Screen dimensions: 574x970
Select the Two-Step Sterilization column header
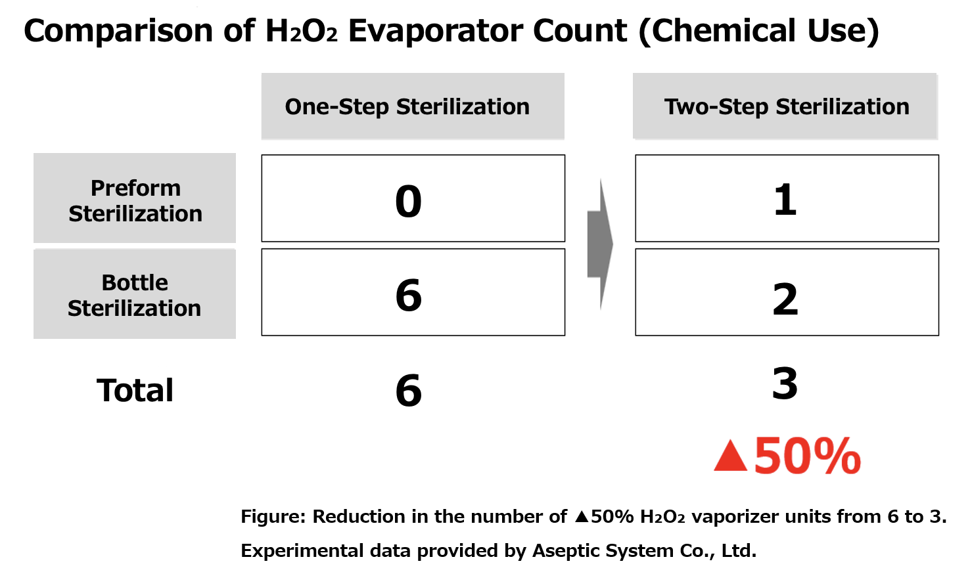tap(786, 106)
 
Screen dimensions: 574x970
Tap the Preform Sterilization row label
tap(135, 200)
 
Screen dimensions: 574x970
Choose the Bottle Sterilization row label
tap(135, 295)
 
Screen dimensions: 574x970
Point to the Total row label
tap(135, 390)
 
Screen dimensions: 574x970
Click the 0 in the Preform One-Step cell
tap(408, 201)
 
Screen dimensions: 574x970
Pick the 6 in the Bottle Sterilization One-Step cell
tap(408, 295)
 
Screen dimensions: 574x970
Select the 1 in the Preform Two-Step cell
tap(785, 200)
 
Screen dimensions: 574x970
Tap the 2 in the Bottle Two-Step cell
tap(785, 299)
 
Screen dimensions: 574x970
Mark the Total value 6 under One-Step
tap(408, 391)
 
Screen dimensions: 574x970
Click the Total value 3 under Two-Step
tap(785, 384)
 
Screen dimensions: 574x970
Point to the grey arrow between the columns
tap(599, 244)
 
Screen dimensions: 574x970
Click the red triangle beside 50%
tap(730, 457)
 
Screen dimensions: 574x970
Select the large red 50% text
tap(807, 456)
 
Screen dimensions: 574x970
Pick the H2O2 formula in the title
tap(302, 31)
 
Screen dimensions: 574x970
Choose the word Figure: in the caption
tap(273, 517)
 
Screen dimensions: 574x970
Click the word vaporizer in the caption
tap(731, 517)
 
